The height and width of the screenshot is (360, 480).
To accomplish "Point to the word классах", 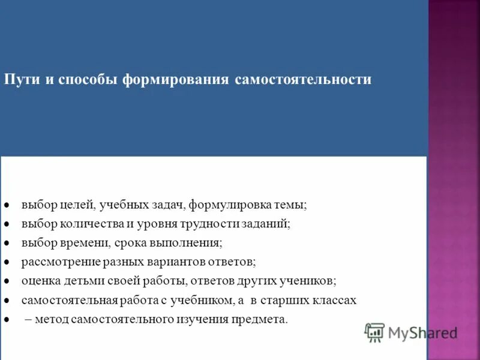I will coord(335,300).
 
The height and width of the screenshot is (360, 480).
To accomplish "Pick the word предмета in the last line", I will coord(262,319).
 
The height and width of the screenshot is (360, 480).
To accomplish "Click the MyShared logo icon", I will coord(374,332).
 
